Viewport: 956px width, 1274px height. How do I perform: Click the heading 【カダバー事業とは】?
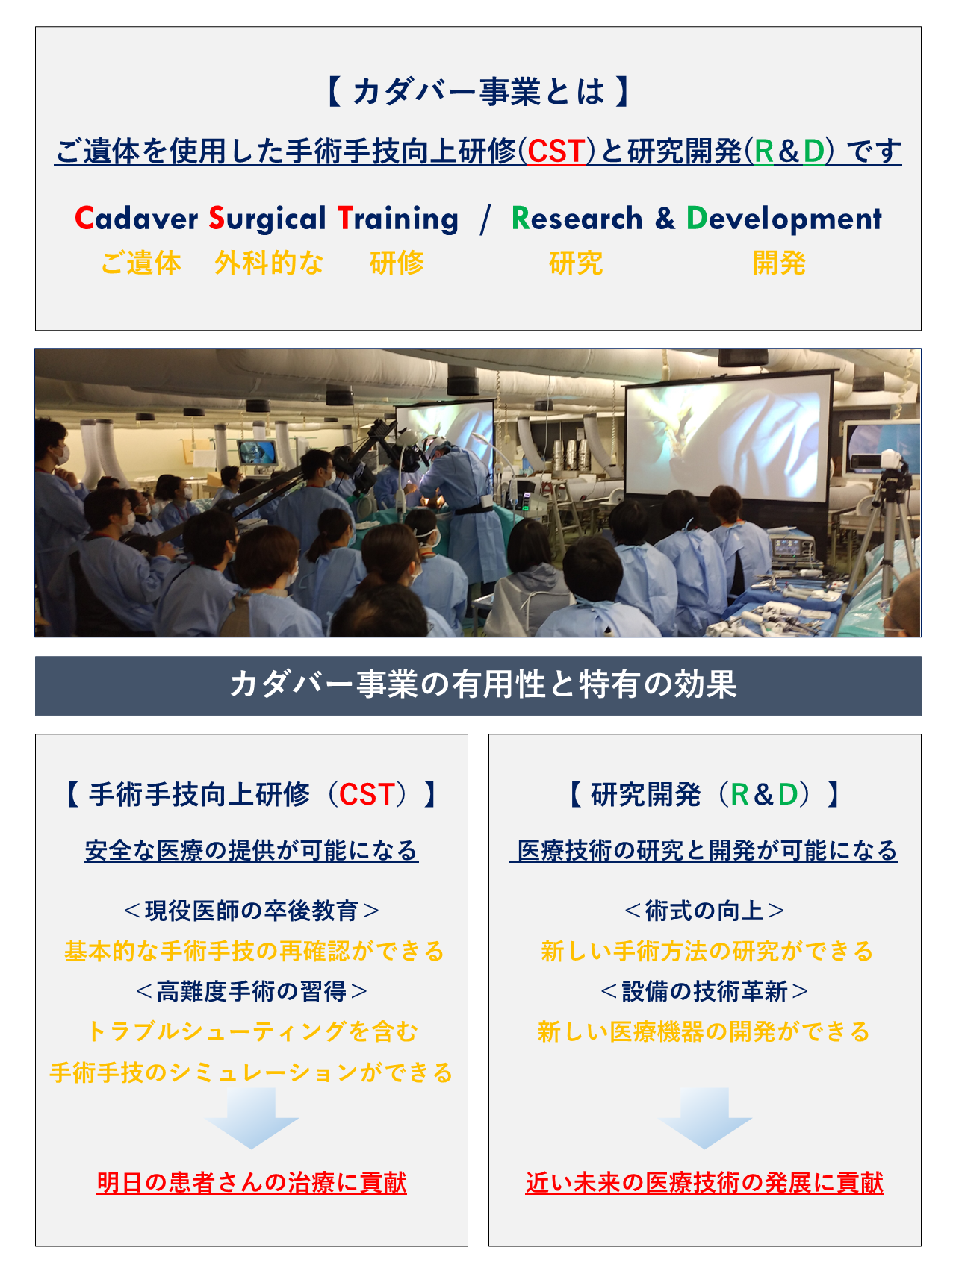pos(478,92)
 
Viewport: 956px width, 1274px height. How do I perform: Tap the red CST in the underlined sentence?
pos(556,152)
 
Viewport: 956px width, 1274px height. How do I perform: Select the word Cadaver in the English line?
pos(137,219)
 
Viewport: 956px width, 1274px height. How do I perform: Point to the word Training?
pos(398,219)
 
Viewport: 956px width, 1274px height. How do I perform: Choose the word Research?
pos(577,219)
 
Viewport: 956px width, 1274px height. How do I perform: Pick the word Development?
pos(784,219)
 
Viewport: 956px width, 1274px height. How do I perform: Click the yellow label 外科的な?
pos(269,263)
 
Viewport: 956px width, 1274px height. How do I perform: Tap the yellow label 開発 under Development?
pos(779,263)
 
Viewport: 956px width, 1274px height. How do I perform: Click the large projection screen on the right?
pos(727,437)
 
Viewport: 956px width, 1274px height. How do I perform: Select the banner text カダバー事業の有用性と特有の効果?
pos(483,684)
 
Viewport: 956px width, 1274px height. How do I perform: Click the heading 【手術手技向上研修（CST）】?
pos(251,794)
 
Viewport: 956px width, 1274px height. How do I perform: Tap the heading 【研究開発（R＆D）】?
pos(704,794)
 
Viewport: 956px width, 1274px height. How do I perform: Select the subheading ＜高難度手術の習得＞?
pos(252,991)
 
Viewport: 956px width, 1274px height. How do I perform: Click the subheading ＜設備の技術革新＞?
pos(704,991)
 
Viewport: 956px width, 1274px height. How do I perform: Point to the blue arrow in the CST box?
pos(252,1117)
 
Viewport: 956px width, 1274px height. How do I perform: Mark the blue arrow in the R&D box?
pos(704,1117)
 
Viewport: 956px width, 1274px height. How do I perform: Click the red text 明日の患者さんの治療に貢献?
pos(252,1182)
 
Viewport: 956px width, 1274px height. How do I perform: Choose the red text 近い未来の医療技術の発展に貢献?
pos(704,1182)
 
